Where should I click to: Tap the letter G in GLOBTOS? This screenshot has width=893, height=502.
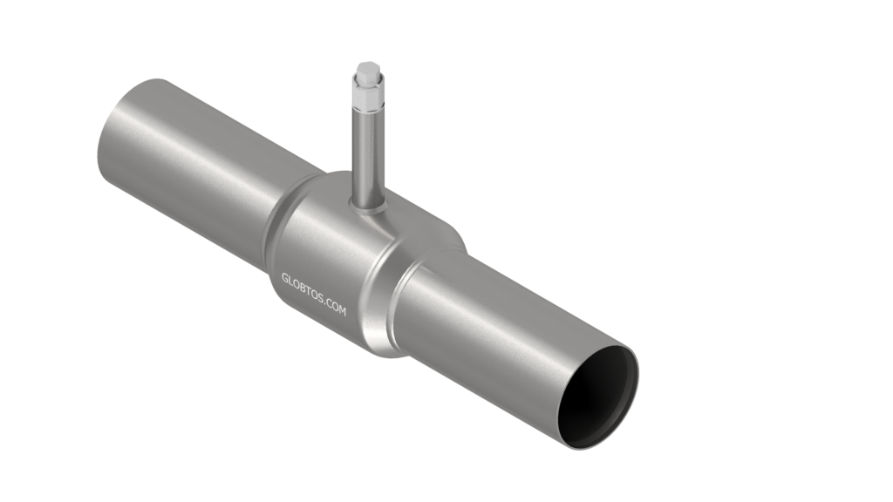pyautogui.click(x=285, y=278)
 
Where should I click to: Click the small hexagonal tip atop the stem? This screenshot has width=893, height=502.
pyautogui.click(x=368, y=67)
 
